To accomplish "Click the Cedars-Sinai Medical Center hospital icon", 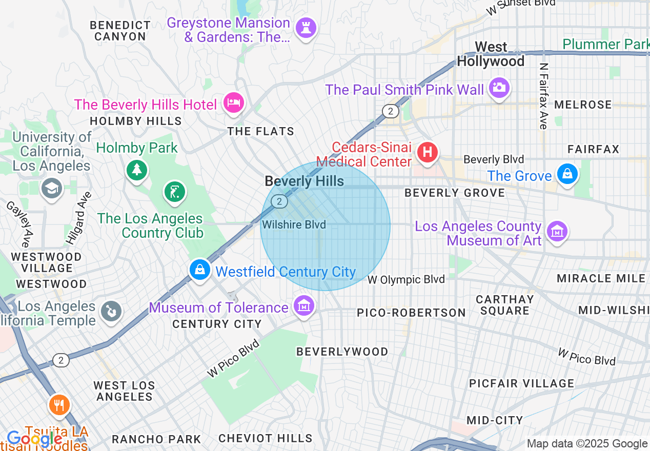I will [428, 152].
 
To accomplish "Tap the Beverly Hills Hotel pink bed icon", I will [234, 103].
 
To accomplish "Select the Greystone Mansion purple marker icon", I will [307, 27].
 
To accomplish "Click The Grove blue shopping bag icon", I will [567, 174].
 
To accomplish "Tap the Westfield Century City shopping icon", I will [199, 269].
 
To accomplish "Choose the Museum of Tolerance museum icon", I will [304, 306].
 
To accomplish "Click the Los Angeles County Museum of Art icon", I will [557, 231].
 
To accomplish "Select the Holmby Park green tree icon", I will [136, 169].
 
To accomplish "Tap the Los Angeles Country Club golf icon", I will [175, 192].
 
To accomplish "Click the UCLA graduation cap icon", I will [52, 188].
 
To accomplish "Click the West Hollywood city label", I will [491, 54].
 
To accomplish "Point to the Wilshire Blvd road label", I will [294, 224].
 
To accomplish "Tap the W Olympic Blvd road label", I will [406, 280].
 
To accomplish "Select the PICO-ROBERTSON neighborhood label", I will [411, 313].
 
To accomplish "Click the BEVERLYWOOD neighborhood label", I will [342, 352].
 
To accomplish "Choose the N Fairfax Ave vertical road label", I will [543, 96].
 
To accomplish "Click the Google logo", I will [34, 439].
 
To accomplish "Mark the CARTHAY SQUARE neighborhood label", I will [504, 305].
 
